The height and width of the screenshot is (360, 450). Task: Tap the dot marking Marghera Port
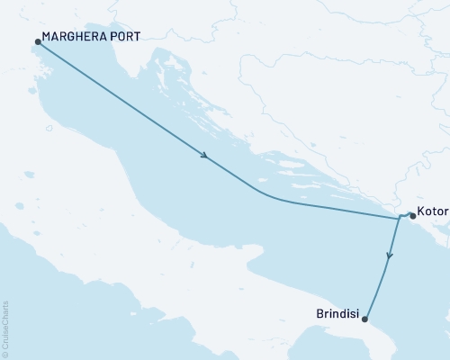coord(37,41)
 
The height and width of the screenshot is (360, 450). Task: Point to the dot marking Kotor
coord(412,216)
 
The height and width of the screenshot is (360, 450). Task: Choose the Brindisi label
coord(337,316)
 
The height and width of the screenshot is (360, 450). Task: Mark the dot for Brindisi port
coord(364,316)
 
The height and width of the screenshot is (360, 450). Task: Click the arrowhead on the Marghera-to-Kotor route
coord(206,157)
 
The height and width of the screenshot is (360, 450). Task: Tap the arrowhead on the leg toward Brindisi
coord(389,256)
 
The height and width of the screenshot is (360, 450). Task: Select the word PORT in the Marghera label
coord(122,41)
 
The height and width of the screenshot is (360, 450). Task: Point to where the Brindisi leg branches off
coord(399,218)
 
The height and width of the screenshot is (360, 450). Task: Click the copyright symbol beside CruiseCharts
coord(5,353)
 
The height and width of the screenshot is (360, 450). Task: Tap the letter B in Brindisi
coord(319,316)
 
